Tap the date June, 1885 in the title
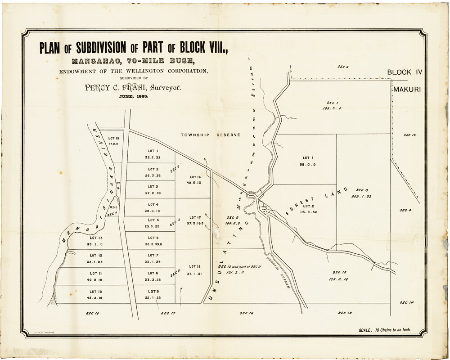[133, 97]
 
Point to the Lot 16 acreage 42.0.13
[195, 183]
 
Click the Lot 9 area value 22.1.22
[153, 297]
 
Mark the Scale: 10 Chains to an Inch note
[385, 329]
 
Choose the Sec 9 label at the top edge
[343, 67]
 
